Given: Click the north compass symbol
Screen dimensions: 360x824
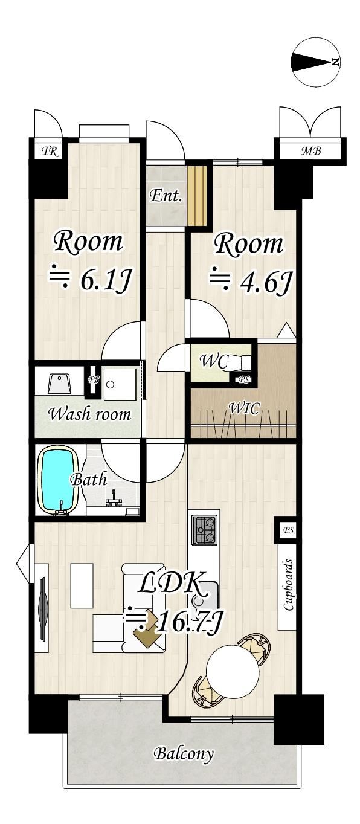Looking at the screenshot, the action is [x=317, y=62].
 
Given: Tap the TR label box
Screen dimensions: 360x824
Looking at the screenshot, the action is [x=50, y=151].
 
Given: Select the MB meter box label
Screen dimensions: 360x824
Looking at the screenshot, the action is [x=312, y=151].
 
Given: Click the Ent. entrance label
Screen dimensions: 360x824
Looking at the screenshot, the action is [x=166, y=196].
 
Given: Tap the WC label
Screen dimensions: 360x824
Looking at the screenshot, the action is [x=214, y=361].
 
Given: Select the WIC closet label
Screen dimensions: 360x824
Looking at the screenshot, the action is [x=244, y=408].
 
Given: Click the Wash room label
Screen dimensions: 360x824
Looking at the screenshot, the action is [x=90, y=414].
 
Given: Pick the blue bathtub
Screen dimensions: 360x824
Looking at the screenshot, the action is [x=59, y=480].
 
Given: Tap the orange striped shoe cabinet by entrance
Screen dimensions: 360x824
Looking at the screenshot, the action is [x=197, y=195].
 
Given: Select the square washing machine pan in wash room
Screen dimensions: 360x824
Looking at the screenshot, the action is [x=120, y=384].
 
